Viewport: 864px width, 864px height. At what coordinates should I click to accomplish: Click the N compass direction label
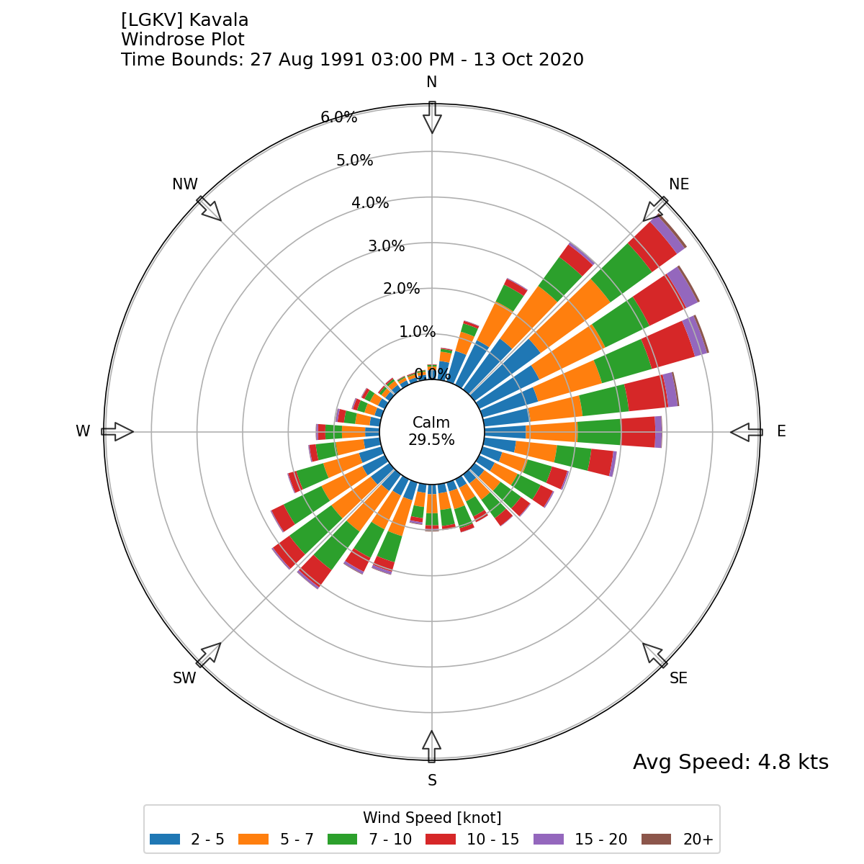click(431, 82)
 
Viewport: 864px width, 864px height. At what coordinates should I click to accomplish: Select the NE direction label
click(679, 184)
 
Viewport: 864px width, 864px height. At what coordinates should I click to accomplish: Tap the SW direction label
click(184, 678)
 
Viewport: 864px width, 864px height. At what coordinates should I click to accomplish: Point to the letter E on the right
click(781, 431)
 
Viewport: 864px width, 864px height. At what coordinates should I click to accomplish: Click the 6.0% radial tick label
click(338, 117)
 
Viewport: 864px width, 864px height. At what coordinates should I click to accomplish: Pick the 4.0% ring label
click(370, 203)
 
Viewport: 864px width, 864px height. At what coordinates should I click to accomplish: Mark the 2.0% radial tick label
click(401, 289)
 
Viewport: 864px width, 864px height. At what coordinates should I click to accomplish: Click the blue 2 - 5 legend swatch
click(165, 840)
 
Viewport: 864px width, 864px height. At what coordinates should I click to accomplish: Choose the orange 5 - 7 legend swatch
click(253, 840)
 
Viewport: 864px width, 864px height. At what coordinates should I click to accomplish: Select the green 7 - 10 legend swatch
click(342, 840)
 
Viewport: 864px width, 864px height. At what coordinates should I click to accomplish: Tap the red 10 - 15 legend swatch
click(440, 840)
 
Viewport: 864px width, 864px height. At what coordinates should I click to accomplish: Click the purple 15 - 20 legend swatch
click(548, 840)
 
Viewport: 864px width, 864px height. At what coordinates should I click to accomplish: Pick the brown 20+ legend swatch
click(656, 840)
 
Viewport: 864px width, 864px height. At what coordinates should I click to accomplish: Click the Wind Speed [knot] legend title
click(432, 818)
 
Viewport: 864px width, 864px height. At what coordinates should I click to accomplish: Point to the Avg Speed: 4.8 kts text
click(730, 762)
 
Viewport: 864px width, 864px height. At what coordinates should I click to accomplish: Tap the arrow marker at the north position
click(431, 117)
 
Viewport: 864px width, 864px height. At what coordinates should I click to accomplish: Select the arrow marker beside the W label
click(117, 432)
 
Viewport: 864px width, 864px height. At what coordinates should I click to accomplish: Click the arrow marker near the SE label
click(654, 654)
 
